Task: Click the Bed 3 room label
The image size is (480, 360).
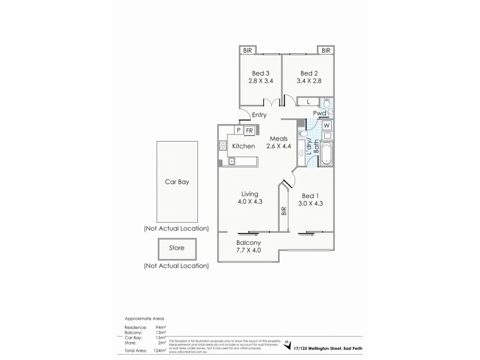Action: point(256,73)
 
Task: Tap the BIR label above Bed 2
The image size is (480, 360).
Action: point(325,50)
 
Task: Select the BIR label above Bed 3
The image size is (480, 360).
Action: point(247,50)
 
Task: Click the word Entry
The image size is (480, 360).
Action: point(259,115)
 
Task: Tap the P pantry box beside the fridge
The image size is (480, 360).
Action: point(238,130)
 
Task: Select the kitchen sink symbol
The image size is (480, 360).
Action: point(230,160)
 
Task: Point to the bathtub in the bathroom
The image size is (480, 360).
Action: point(326,154)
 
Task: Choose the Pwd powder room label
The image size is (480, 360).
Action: point(319,113)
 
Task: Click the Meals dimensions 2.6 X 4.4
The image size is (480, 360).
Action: point(276,146)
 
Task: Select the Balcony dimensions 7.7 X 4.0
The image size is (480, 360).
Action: point(247,250)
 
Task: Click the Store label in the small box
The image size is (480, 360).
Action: point(177,247)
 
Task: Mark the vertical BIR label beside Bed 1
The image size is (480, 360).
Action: point(283,212)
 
